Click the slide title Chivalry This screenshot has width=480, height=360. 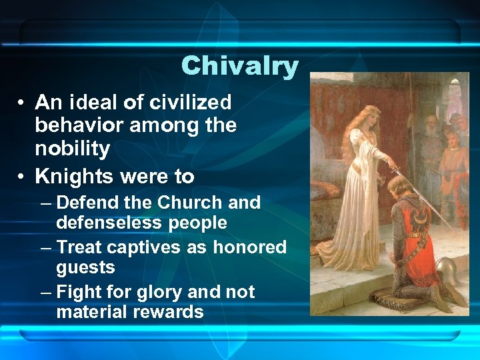click(239, 65)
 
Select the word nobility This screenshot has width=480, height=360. click(72, 149)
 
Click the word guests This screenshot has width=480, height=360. click(85, 267)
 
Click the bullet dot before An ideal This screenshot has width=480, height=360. click(23, 103)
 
